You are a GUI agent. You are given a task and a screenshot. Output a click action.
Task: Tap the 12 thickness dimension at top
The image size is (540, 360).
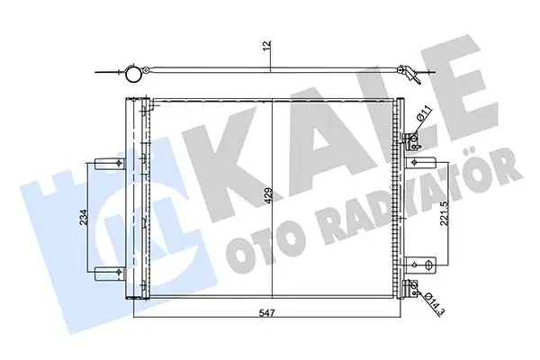click(x=267, y=45)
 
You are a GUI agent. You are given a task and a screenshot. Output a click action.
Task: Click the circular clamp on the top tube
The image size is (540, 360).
click(x=136, y=75)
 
